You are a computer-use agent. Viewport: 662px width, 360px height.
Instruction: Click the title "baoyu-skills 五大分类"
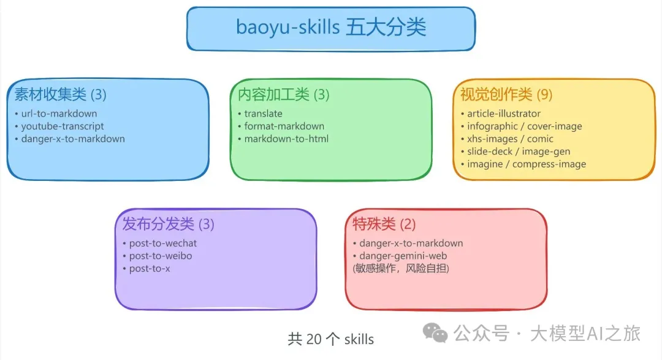(x=331, y=28)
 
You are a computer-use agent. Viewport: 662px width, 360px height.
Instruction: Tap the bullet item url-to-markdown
(x=59, y=113)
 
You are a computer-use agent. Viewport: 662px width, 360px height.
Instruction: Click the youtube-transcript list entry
(x=63, y=126)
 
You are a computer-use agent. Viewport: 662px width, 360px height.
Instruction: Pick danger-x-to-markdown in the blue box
(x=73, y=139)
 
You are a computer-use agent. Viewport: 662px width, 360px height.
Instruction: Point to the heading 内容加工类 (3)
(x=283, y=94)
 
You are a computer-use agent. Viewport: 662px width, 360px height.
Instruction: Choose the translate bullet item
(x=263, y=113)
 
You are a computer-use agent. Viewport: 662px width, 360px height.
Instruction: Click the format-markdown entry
(x=284, y=126)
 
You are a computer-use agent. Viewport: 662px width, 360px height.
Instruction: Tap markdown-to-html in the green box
(x=286, y=139)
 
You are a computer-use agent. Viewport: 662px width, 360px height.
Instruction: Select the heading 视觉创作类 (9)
(x=506, y=94)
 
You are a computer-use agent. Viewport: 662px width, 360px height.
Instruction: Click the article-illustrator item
(x=504, y=113)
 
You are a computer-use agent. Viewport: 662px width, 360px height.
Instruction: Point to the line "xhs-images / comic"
(x=510, y=139)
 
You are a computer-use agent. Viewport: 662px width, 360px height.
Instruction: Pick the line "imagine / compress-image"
(x=527, y=164)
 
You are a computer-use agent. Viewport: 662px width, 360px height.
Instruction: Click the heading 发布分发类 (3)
(x=168, y=224)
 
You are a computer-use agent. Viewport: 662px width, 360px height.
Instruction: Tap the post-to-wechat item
(x=163, y=243)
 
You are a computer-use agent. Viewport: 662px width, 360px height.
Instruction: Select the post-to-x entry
(x=150, y=269)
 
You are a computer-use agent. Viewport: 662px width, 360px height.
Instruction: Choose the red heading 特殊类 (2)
(x=384, y=224)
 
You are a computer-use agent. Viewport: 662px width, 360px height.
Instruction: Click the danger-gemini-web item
(x=403, y=256)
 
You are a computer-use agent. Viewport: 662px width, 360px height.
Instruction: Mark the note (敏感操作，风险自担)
(x=401, y=269)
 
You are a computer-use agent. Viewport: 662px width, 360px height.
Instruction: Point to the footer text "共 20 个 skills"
(x=331, y=339)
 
